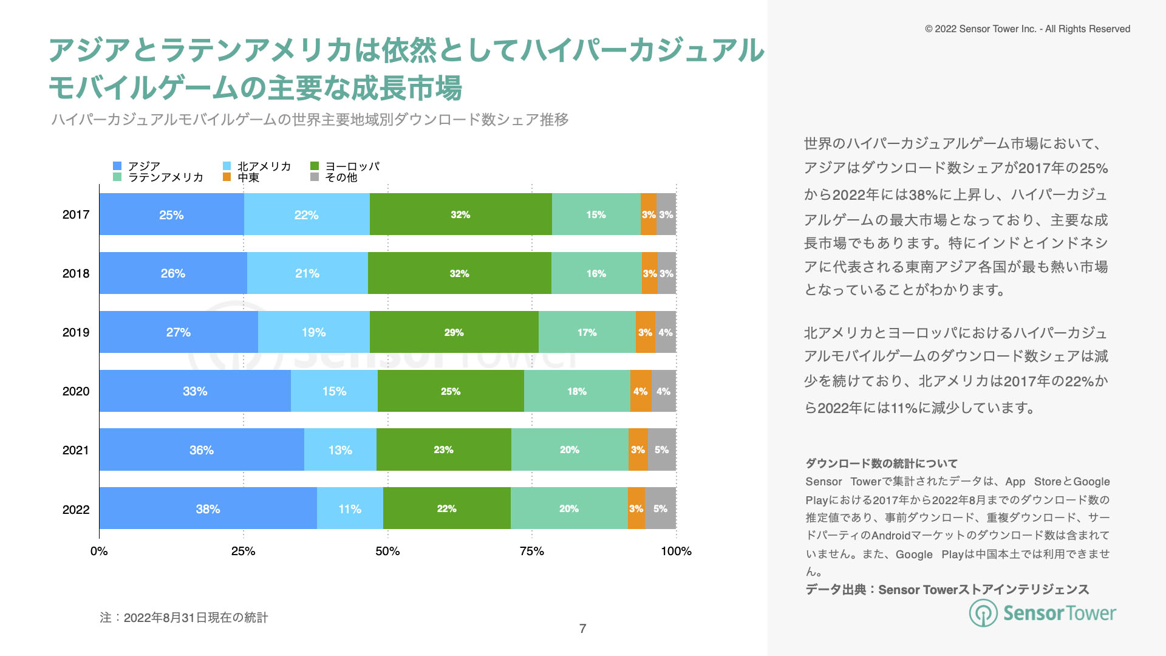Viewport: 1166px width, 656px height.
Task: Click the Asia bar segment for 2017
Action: pyautogui.click(x=171, y=214)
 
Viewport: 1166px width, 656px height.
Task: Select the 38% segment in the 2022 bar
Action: pyautogui.click(x=208, y=508)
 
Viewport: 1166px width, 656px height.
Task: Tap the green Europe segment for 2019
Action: pyautogui.click(x=454, y=332)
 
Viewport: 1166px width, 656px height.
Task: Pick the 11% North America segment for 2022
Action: pyautogui.click(x=350, y=508)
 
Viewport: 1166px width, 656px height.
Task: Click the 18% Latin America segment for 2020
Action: pyautogui.click(x=577, y=391)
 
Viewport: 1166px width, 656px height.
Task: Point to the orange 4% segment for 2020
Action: pyautogui.click(x=641, y=391)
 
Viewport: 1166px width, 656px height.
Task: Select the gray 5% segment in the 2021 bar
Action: pyautogui.click(x=661, y=449)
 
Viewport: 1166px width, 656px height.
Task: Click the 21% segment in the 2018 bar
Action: pyautogui.click(x=307, y=273)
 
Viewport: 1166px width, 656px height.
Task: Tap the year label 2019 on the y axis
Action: pyautogui.click(x=76, y=332)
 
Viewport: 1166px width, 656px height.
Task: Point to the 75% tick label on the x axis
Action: pyautogui.click(x=531, y=551)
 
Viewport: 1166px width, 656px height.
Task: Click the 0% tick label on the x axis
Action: pyautogui.click(x=99, y=551)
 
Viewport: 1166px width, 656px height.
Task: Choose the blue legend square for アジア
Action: pyautogui.click(x=117, y=166)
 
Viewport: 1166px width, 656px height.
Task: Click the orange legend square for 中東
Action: pyautogui.click(x=227, y=177)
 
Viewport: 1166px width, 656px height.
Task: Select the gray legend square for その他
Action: pyautogui.click(x=315, y=177)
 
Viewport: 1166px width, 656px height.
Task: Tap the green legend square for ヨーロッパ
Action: pyautogui.click(x=315, y=166)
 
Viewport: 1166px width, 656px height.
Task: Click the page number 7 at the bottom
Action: pyautogui.click(x=582, y=629)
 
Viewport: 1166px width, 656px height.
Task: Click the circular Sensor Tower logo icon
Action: pyautogui.click(x=983, y=613)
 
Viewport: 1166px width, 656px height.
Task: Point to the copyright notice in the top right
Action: pyautogui.click(x=1028, y=29)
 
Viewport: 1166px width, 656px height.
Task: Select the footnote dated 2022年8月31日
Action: pyautogui.click(x=184, y=618)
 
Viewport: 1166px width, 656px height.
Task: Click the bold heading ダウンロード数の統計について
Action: pyautogui.click(x=881, y=463)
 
